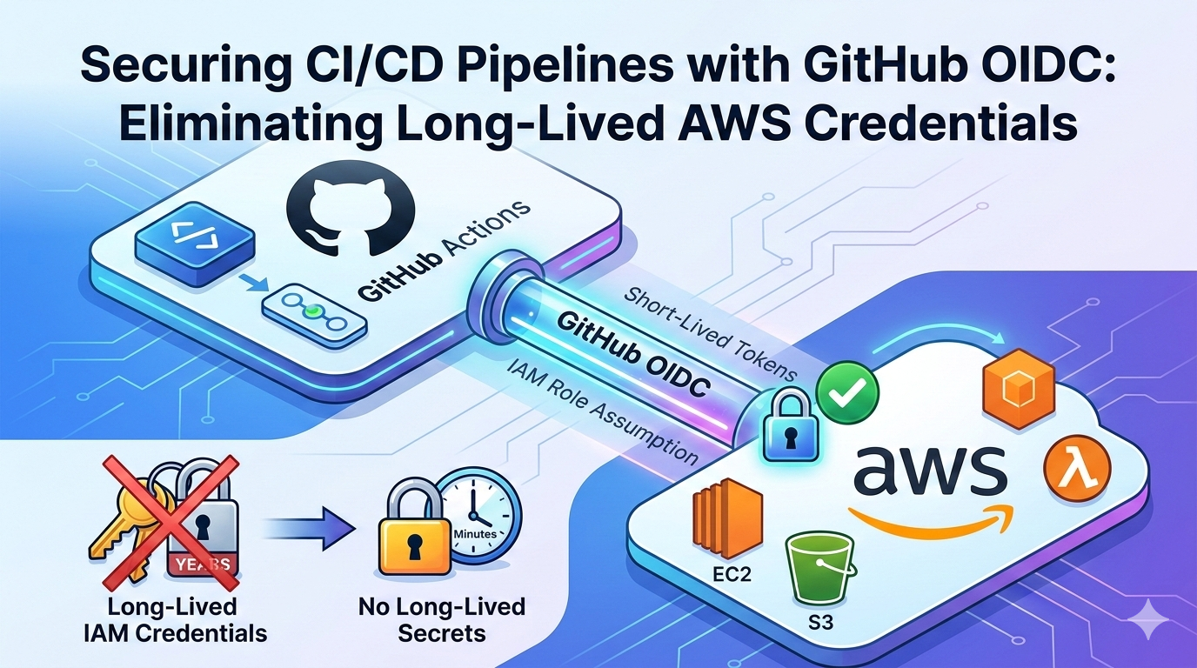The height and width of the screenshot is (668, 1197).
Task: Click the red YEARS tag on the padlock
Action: (x=202, y=562)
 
